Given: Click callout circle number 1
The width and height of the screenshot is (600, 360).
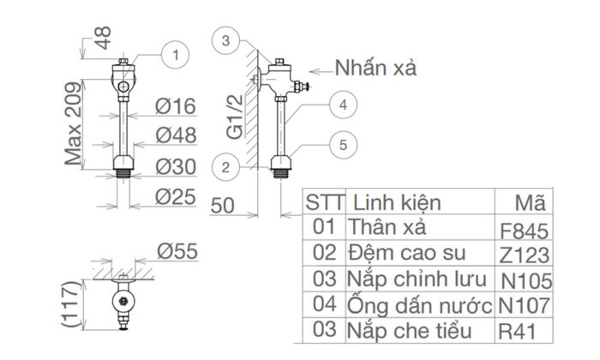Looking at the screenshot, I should pos(176,56).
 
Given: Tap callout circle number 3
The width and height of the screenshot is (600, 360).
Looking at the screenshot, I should pos(225,40).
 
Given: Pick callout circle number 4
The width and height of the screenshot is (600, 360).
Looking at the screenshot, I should pos(341,105).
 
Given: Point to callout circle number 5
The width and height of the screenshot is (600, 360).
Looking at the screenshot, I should pos(341,145).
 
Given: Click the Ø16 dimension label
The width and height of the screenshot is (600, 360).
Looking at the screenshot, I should pos(176,106).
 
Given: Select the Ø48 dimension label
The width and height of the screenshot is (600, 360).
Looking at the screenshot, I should pos(176,135).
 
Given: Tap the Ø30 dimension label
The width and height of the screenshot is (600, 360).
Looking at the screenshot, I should pos(176,165).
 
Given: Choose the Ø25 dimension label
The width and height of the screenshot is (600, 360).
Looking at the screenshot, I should pos(176,196).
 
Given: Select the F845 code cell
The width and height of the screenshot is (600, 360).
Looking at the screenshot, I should pos(522,231).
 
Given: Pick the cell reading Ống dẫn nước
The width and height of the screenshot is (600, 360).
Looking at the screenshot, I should pos(419,305).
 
